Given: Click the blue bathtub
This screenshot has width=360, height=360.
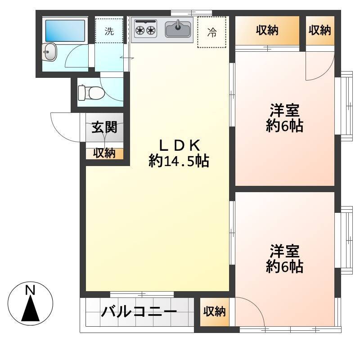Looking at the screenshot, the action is tap(65, 31).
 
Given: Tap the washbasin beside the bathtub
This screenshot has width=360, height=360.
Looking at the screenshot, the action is tap(49, 52).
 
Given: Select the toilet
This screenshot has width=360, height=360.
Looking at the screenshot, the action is tap(91, 93).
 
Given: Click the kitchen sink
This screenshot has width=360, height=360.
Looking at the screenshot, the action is tap(178, 29).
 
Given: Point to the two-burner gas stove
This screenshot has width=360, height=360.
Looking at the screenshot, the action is tap(145, 29).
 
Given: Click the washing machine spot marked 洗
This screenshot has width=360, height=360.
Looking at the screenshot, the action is tap(109, 31).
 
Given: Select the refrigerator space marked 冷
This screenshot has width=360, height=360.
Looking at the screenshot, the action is tap(211, 32).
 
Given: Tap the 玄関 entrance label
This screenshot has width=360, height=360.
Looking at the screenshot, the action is tap(104, 127).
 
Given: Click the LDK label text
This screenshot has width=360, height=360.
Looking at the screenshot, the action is tap(179, 145).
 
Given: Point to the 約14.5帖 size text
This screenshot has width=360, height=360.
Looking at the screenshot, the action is tap(179, 161).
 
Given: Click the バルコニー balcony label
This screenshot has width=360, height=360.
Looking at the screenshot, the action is tap(139, 311).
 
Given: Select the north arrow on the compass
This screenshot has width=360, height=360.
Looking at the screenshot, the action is tap(30, 308).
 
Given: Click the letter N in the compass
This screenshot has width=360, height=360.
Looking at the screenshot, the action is tap(30, 290).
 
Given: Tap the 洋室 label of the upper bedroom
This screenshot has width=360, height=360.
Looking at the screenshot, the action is tap(284, 110).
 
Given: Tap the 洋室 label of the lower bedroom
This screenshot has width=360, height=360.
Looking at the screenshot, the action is tap(284, 252).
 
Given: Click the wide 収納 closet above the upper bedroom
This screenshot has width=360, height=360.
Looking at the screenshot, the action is tap(267, 31).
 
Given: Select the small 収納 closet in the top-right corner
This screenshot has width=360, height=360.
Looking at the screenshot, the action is tap(320, 31).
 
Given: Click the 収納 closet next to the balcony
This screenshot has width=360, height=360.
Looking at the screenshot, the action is tap(215, 312).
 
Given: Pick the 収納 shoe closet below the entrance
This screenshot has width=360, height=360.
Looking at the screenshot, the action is tap(104, 153).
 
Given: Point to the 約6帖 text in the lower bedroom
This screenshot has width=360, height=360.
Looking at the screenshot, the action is tap(284, 266).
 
